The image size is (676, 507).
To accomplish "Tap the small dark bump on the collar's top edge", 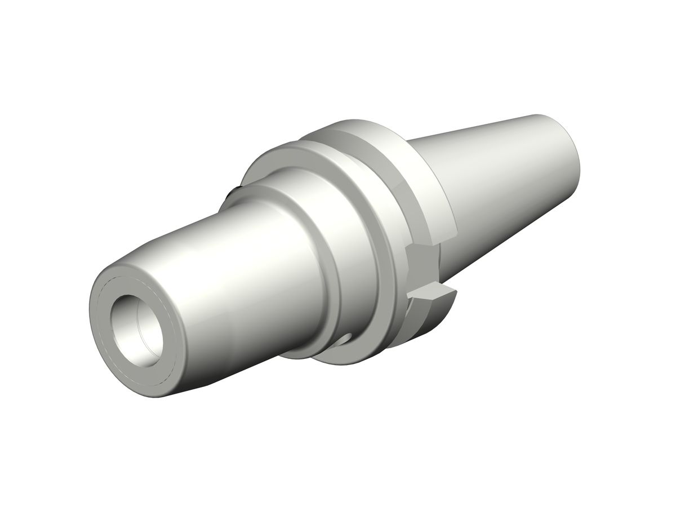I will point(231,194).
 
